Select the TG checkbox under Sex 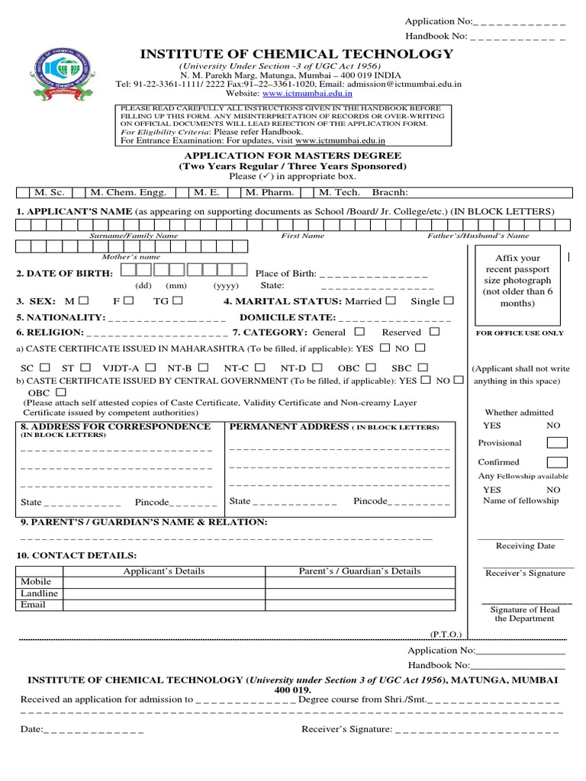click(177, 301)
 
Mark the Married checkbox click(391, 301)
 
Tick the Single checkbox click(449, 301)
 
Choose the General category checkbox click(359, 332)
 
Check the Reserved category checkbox click(434, 332)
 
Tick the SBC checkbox click(422, 368)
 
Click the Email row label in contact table click(33, 605)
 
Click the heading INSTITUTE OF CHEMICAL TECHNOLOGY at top click(295, 54)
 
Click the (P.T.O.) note click(445, 633)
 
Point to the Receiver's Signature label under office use click(525, 573)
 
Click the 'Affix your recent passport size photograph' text click(517, 281)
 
